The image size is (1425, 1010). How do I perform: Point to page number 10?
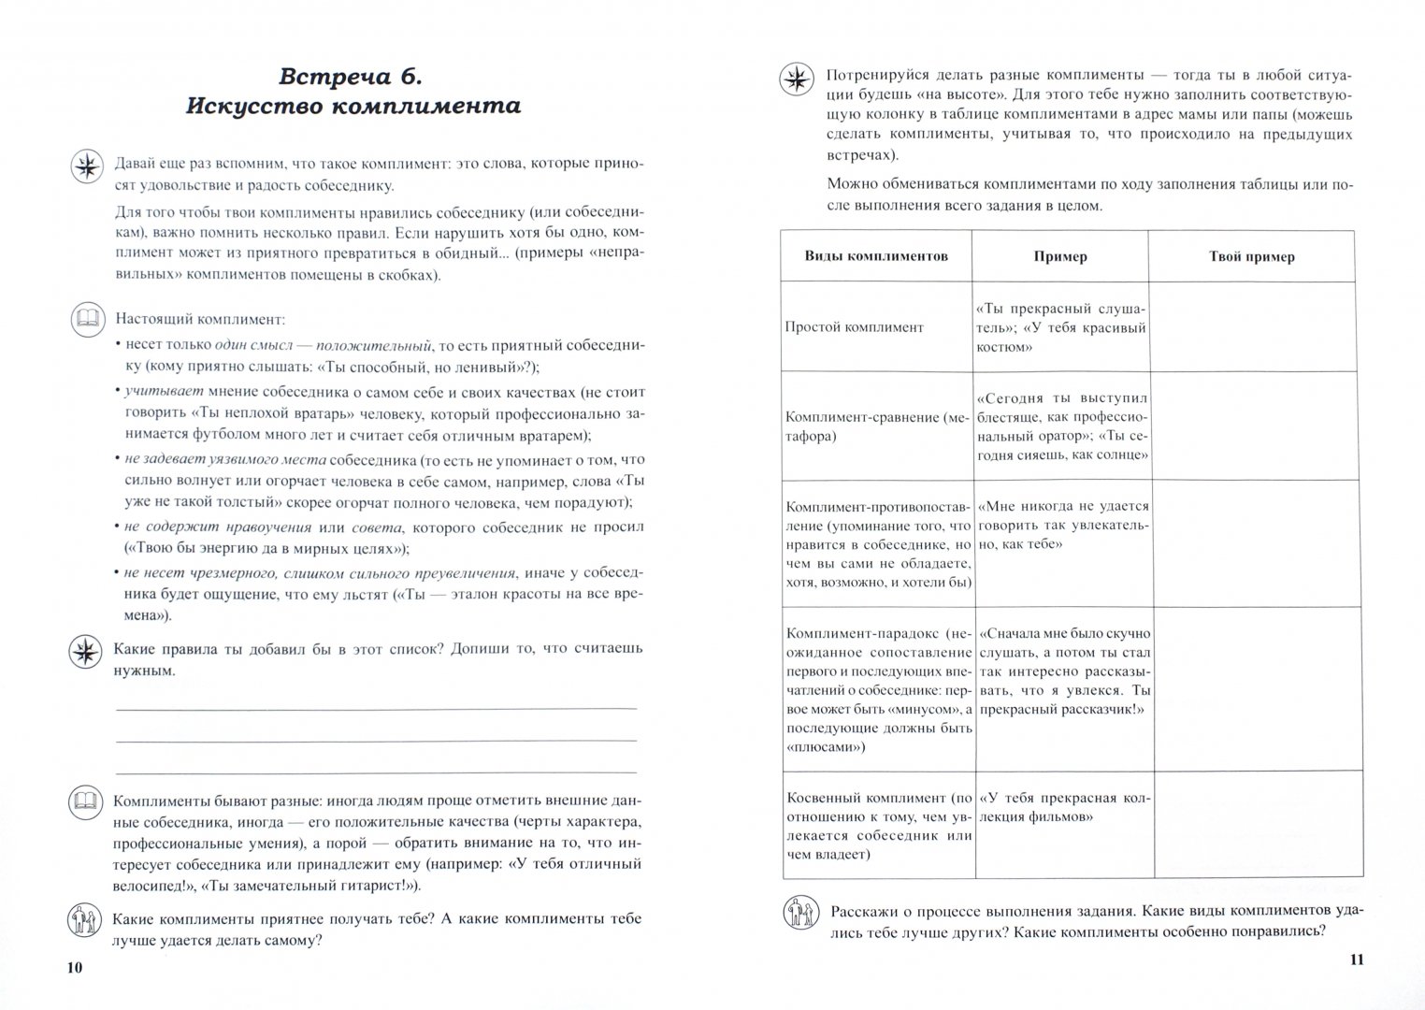(75, 967)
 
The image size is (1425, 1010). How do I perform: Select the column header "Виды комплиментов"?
(876, 256)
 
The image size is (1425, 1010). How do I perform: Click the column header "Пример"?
(1060, 256)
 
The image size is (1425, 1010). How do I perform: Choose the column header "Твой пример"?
(1251, 256)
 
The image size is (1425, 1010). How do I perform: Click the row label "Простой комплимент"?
(855, 327)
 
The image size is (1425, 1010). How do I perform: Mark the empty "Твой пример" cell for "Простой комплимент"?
(1251, 327)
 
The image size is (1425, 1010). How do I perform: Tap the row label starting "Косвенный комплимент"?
(878, 826)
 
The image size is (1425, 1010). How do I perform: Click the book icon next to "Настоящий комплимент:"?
(87, 320)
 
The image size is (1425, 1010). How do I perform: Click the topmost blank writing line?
(376, 708)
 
